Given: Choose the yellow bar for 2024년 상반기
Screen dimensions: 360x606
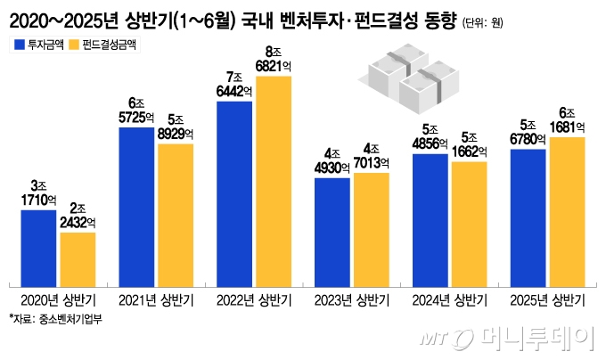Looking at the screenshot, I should click(469, 224).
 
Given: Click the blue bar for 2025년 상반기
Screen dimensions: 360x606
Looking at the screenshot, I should click(528, 217).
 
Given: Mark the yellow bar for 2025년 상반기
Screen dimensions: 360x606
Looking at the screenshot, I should click(567, 211).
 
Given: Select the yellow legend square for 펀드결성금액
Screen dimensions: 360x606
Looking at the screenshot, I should click(72, 44).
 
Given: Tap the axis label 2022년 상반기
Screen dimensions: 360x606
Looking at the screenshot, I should click(254, 300).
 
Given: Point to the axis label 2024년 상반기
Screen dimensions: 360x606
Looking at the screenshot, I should click(449, 300).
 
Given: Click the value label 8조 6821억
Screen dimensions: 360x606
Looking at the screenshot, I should click(273, 61).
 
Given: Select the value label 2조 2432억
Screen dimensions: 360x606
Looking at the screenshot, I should click(78, 217).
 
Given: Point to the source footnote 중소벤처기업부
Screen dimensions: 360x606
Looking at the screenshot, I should click(55, 320).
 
